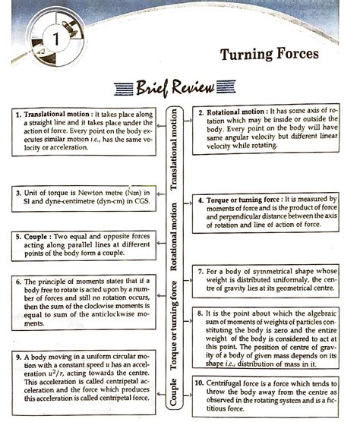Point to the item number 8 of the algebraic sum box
pyautogui.click(x=200, y=313)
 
